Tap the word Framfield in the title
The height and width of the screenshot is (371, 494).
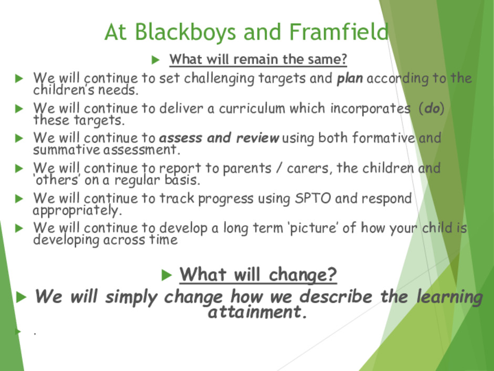(x=338, y=32)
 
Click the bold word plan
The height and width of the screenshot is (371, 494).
(x=349, y=78)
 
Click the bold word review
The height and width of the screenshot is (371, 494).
(x=258, y=138)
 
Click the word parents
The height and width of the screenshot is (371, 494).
(x=247, y=169)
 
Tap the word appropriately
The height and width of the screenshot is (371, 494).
(x=77, y=210)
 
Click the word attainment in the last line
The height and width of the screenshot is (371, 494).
(x=257, y=312)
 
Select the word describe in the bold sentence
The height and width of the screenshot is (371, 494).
(x=336, y=297)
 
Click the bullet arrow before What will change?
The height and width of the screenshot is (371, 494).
(x=167, y=275)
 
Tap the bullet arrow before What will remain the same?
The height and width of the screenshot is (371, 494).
(x=156, y=59)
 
